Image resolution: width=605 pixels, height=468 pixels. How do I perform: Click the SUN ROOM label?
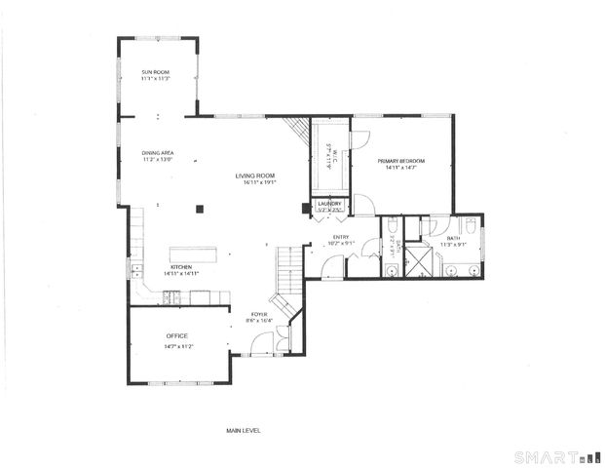[x=157, y=72]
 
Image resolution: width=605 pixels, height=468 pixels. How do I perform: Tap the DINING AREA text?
[x=157, y=152]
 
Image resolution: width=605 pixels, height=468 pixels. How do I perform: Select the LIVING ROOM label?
[x=255, y=175]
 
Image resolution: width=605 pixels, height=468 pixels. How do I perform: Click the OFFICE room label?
[x=176, y=336]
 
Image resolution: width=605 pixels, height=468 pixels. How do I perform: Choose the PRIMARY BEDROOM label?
[x=400, y=161]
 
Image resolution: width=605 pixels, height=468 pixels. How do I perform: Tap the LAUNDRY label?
[x=330, y=204]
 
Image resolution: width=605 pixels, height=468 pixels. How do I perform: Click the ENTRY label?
[x=341, y=236]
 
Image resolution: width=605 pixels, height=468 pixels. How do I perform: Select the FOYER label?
[x=259, y=313]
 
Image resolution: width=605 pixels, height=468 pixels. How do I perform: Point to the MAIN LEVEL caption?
[x=243, y=429]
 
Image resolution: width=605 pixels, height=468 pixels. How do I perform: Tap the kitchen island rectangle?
[x=192, y=253]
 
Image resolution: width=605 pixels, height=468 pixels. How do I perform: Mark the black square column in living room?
[x=199, y=207]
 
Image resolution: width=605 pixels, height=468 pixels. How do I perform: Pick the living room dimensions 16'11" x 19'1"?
[x=255, y=182]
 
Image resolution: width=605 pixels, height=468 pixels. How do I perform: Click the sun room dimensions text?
[x=157, y=79]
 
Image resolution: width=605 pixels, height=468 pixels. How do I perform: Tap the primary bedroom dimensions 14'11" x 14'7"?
[x=400, y=168]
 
